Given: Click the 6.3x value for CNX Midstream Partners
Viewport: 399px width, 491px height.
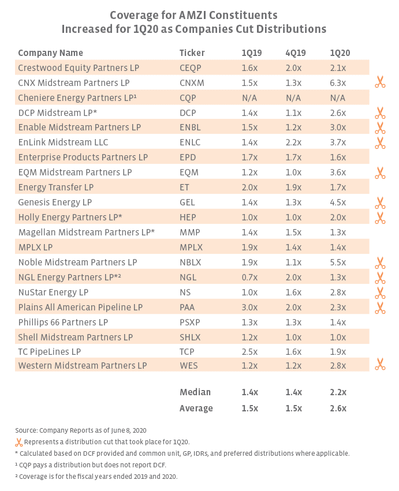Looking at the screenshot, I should point(338,83).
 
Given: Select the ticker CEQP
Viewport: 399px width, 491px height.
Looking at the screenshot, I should point(191,68).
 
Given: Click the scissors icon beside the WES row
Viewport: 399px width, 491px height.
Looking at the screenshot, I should point(379,364).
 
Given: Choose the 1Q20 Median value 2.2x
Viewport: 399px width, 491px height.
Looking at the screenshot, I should point(338,392).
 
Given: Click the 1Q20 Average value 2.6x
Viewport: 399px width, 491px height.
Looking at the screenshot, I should point(338,408).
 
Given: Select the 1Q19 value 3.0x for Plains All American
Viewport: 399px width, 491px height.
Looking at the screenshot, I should point(249,308).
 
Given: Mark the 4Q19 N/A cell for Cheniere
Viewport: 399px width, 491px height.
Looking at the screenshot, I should point(294,98).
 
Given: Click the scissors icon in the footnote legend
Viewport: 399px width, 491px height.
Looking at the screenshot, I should point(19,443).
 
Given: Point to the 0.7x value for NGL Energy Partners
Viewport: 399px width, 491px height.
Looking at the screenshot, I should point(249,278).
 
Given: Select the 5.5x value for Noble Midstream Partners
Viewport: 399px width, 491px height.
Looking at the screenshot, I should point(338,263).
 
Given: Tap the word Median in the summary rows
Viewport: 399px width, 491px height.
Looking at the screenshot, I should point(195,392).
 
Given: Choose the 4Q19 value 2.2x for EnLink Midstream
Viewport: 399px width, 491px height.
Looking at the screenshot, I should point(294,143).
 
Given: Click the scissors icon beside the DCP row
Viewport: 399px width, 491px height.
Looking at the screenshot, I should point(379,113).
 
